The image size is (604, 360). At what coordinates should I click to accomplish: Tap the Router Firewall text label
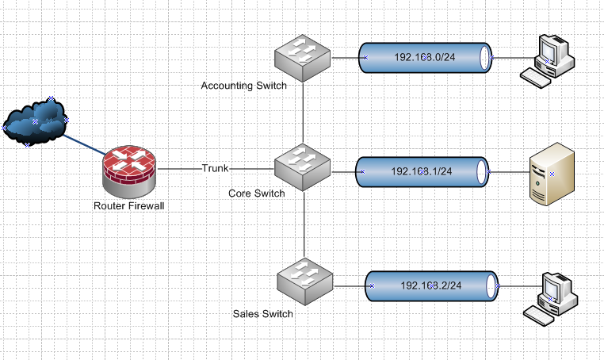click(x=128, y=206)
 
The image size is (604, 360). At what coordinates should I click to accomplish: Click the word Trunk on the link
click(x=215, y=168)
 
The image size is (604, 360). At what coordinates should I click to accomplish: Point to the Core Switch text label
click(x=256, y=193)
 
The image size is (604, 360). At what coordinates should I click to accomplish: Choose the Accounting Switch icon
click(x=302, y=56)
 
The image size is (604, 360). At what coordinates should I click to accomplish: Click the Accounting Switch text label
click(x=243, y=85)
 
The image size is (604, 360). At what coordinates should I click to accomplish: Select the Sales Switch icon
click(x=304, y=282)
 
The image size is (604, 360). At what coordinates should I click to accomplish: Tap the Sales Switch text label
click(x=263, y=313)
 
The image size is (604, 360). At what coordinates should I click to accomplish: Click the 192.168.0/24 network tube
click(x=425, y=57)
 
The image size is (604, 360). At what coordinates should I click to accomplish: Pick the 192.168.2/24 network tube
click(x=431, y=285)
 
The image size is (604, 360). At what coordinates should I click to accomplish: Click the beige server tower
click(x=551, y=172)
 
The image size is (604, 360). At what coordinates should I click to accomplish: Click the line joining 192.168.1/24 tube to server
click(x=508, y=170)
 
